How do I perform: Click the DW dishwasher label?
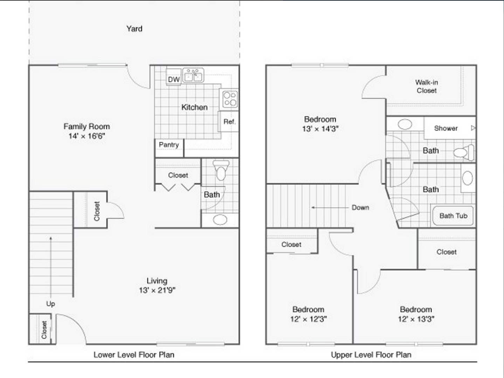[x=174, y=79]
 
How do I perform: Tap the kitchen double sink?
[x=193, y=75]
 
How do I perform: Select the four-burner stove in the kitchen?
[x=230, y=99]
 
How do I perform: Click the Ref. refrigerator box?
[x=229, y=121]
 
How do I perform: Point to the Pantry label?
[x=169, y=145]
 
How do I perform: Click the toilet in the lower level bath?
[x=221, y=170]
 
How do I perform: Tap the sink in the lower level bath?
[x=220, y=220]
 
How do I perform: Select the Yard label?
[x=134, y=29]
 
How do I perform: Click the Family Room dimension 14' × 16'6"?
[x=87, y=136]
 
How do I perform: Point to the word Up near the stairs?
[x=50, y=304]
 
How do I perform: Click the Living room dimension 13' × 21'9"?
[x=157, y=290]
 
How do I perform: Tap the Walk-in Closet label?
[x=427, y=86]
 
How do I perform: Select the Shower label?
[x=446, y=128]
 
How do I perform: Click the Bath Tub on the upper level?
[x=453, y=216]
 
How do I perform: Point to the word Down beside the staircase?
[x=360, y=207]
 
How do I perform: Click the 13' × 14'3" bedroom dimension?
[x=320, y=129]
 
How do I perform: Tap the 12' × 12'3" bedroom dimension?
[x=308, y=319]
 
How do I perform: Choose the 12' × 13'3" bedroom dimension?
[x=416, y=319]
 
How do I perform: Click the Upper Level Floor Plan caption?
[x=371, y=355]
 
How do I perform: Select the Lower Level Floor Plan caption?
[x=134, y=355]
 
